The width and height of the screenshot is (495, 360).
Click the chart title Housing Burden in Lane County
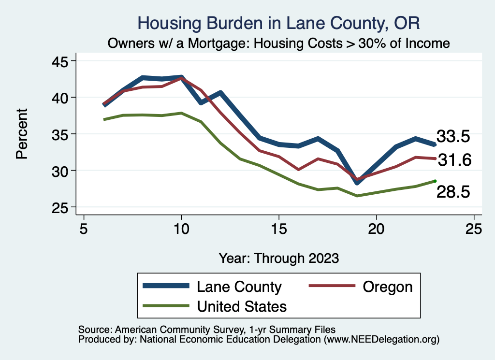[279, 23]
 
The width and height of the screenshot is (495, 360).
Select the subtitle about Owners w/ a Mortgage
[279, 43]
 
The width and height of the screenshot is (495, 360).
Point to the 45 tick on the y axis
[62, 61]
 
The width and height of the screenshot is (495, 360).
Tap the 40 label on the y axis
[62, 97]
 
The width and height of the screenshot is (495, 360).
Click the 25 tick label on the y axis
[62, 207]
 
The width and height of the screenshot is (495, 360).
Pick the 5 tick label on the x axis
[84, 229]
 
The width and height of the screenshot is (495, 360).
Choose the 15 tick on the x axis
[278, 229]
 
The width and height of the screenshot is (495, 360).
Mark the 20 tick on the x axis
[376, 229]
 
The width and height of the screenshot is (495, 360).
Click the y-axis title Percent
[22, 134]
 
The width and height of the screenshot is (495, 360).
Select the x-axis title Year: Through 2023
[278, 258]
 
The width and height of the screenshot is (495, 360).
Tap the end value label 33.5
[453, 137]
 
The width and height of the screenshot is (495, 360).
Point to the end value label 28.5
[453, 192]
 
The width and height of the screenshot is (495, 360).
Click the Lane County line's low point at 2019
[357, 182]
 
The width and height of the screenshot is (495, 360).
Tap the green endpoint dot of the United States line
[435, 181]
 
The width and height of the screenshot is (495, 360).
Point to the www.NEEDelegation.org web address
[381, 340]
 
